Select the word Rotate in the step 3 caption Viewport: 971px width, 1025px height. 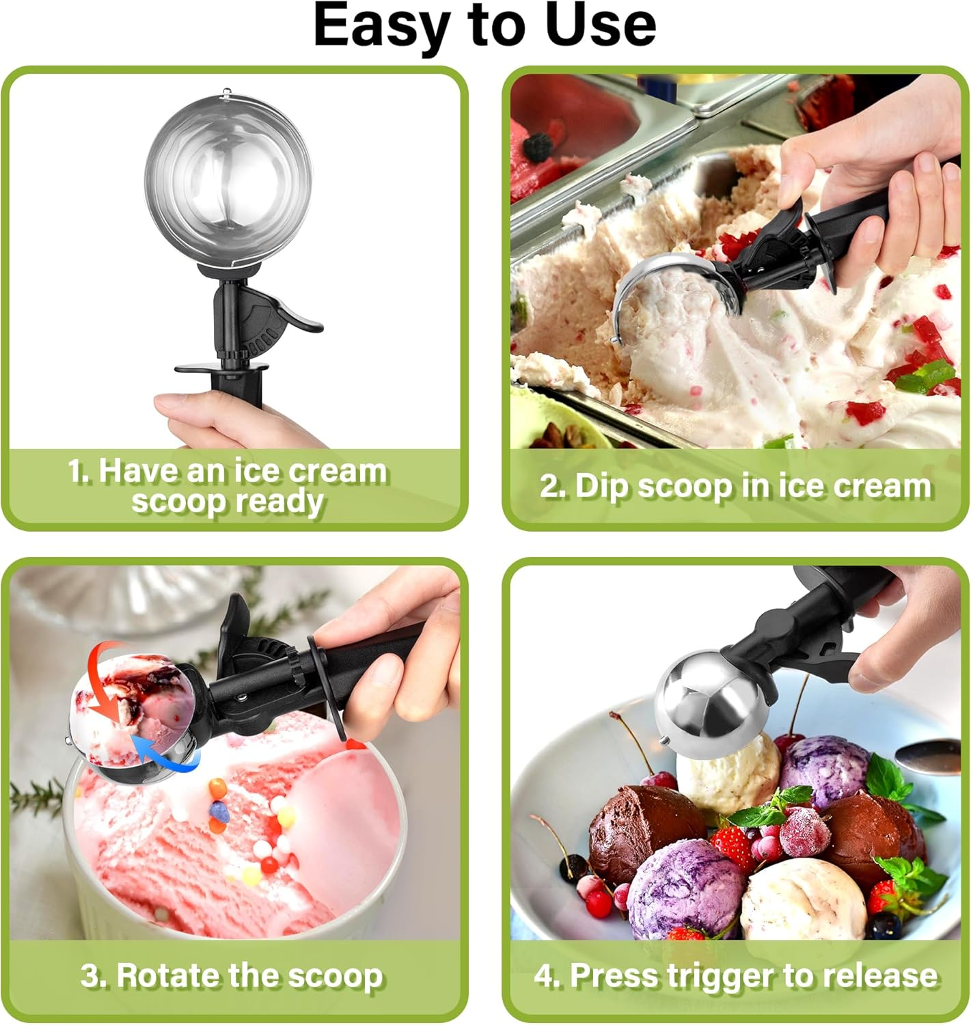pos(171,975)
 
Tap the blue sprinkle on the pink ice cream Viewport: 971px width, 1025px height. pos(218,811)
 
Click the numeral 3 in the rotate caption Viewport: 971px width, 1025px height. pos(90,976)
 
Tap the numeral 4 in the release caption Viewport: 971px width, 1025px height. pos(544,976)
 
